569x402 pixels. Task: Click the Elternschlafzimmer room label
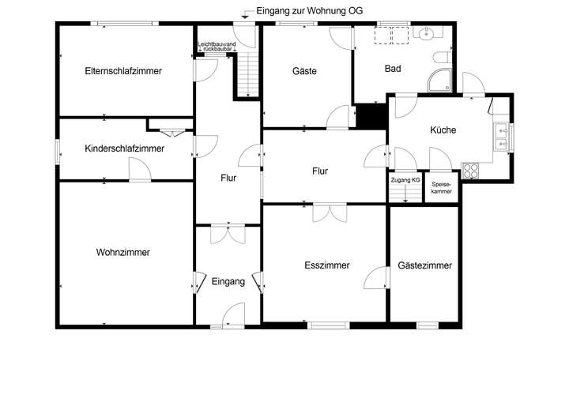tap(123, 71)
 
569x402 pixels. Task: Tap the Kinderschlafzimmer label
tap(124, 148)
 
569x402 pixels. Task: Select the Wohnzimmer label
tap(123, 253)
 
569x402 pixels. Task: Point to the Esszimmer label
tap(326, 266)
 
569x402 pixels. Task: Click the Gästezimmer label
tap(425, 266)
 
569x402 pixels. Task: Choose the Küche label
tap(443, 130)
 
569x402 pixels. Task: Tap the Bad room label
tap(393, 69)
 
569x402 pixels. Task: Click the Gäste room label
tap(304, 71)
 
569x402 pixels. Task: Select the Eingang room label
tap(228, 281)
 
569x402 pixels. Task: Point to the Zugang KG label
tap(405, 181)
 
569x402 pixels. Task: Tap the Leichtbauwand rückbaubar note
tap(216, 46)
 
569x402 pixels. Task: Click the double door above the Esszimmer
tap(329, 213)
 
